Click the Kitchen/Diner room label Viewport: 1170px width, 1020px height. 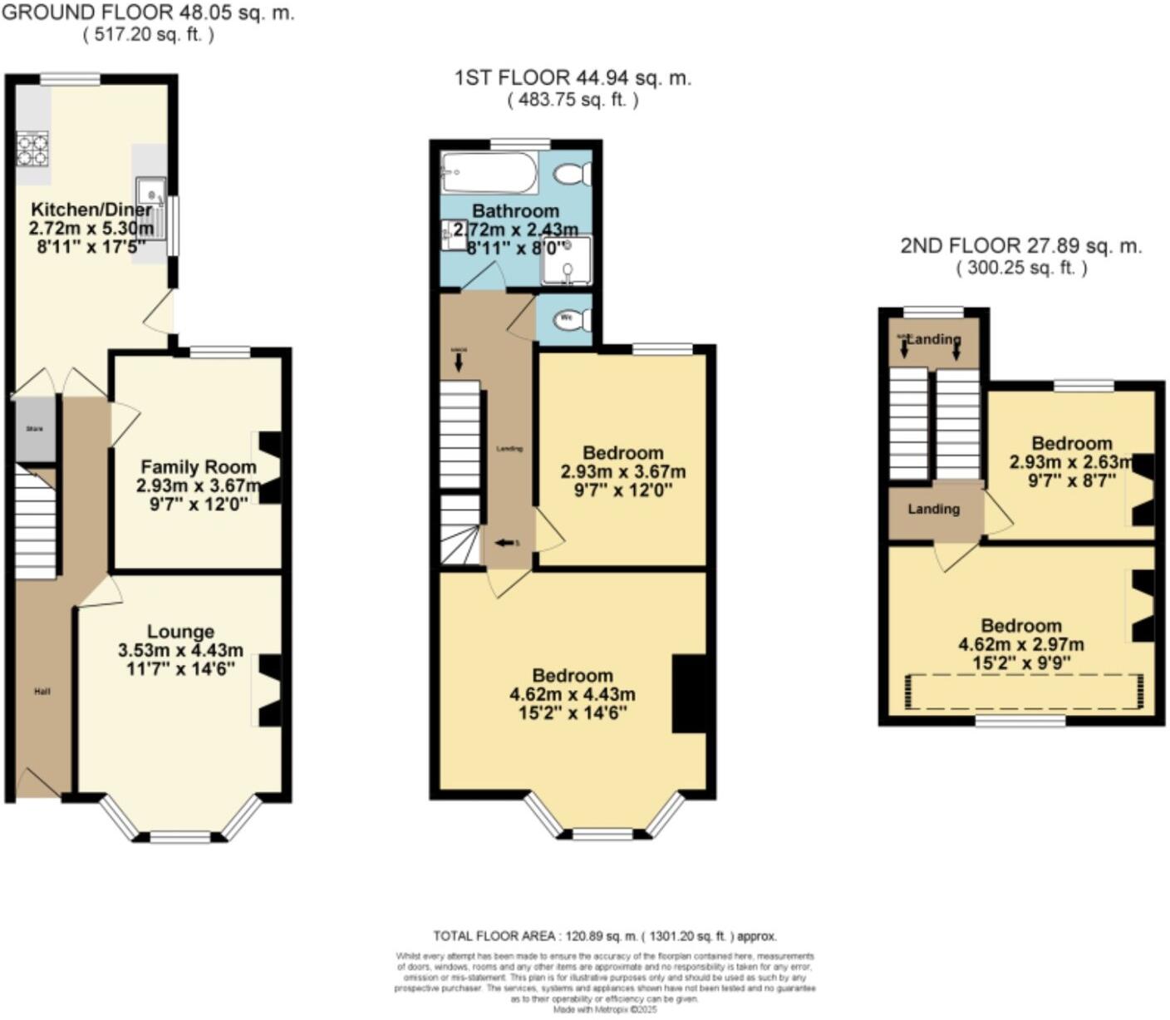click(91, 209)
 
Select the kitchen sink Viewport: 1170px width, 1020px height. click(150, 195)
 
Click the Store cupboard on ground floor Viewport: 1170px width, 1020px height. click(35, 429)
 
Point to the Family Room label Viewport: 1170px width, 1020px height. click(198, 467)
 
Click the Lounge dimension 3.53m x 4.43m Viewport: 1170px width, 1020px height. click(180, 650)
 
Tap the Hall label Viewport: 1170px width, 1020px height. click(42, 691)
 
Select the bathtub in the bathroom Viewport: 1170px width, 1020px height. click(489, 172)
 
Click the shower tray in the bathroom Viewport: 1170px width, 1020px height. click(567, 260)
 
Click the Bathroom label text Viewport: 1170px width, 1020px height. click(515, 211)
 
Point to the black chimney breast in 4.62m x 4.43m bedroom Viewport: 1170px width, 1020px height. click(688, 694)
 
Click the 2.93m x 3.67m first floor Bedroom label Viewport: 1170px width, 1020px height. click(623, 453)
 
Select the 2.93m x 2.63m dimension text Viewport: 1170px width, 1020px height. click(1071, 462)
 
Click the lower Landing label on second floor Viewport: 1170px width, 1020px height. click(933, 509)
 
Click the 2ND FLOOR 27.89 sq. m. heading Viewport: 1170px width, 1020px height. click(1021, 246)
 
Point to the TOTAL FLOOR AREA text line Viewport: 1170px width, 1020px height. click(605, 936)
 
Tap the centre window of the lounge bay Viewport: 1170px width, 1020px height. click(180, 836)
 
